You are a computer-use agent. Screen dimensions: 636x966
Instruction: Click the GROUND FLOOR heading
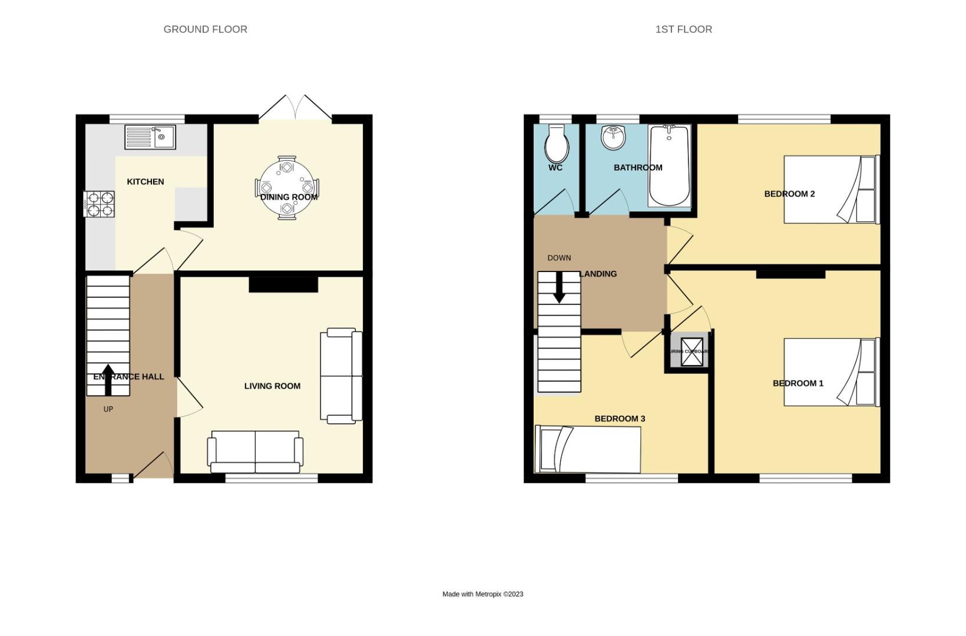point(205,29)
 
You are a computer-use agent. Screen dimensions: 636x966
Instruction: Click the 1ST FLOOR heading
point(683,29)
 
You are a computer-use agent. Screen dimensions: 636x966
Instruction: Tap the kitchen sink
point(150,137)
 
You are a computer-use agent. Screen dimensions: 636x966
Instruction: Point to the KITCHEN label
point(145,181)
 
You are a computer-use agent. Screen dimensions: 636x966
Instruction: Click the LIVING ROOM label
point(272,386)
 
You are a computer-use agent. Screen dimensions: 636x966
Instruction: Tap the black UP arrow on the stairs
point(108,380)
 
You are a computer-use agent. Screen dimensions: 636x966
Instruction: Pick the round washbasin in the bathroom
point(614,138)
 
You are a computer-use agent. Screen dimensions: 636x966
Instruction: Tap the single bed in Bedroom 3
point(587,450)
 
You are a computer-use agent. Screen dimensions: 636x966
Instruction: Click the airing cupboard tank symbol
point(692,352)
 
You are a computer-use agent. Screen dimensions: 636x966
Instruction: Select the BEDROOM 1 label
point(798,383)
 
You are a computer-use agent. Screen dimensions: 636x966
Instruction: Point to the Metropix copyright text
point(482,594)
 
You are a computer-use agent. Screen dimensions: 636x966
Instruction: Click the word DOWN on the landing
point(559,258)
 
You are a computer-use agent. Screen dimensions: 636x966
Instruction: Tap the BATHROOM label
point(638,167)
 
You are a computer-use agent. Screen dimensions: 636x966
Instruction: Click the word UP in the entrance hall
point(108,409)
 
